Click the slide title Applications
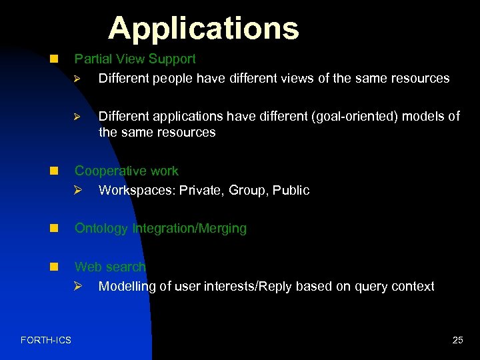click(x=203, y=28)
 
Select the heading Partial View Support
click(x=135, y=59)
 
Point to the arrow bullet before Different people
click(x=77, y=79)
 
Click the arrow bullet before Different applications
click(x=77, y=117)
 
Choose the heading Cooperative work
click(x=126, y=171)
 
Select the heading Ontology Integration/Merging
click(x=160, y=229)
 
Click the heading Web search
click(x=109, y=267)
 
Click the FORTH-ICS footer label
click(x=46, y=341)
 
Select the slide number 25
click(x=457, y=341)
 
